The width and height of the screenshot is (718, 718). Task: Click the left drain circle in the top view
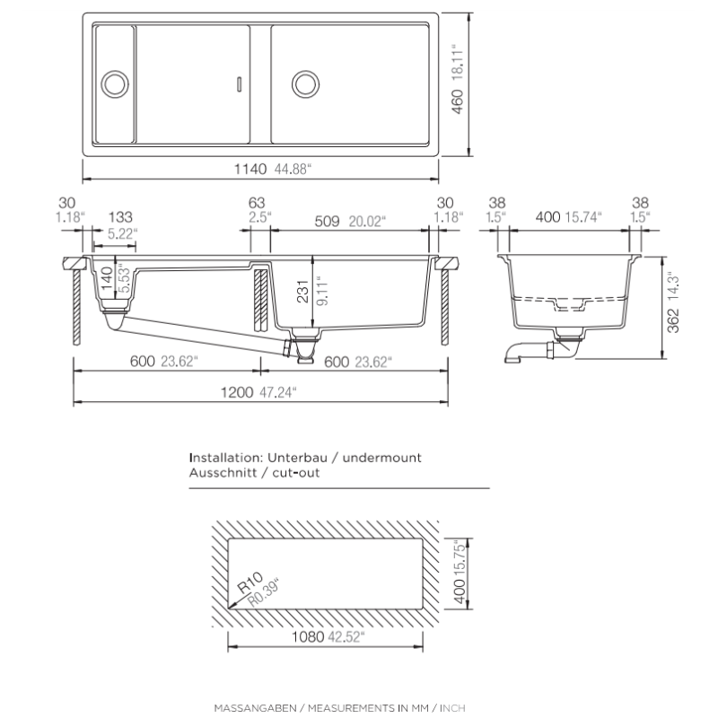click(114, 83)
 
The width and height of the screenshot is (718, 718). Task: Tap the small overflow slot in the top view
click(238, 84)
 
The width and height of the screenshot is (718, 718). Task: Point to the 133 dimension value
click(120, 217)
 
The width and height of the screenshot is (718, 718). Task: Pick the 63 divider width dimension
click(258, 204)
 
